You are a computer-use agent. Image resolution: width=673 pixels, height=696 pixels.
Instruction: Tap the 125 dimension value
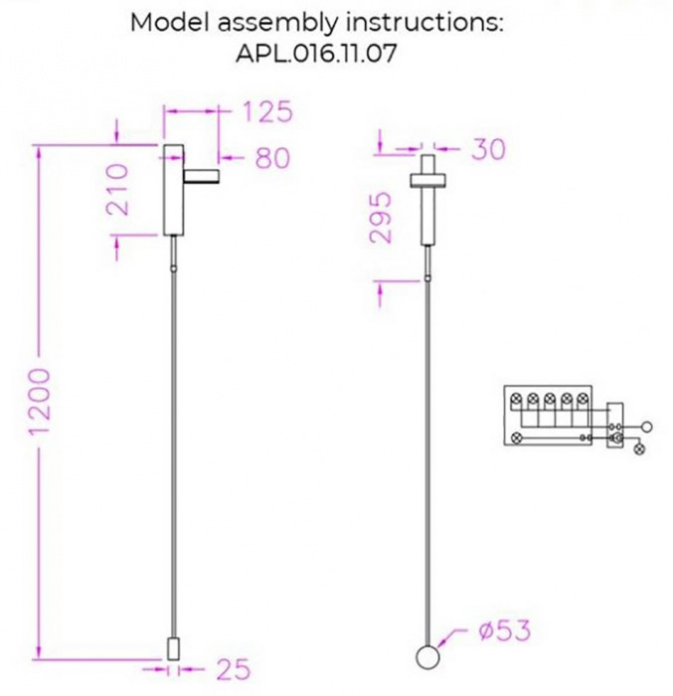tap(265, 111)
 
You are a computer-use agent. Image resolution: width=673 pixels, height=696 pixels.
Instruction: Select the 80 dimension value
tap(271, 157)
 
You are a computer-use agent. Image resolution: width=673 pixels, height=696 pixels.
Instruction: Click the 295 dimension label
tap(382, 219)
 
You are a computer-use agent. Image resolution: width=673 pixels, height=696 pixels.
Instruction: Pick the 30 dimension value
tap(487, 149)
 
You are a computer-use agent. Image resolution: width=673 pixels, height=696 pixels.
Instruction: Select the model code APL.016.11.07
tap(316, 54)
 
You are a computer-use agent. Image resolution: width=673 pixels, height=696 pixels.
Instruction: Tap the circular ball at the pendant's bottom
tap(426, 658)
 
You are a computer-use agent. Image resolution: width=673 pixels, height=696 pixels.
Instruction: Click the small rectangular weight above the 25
tap(173, 651)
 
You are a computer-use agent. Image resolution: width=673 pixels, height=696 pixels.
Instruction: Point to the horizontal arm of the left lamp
tap(202, 176)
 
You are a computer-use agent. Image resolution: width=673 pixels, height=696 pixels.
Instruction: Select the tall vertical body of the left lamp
tap(173, 189)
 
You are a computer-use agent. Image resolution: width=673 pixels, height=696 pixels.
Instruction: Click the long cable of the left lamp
tap(173, 447)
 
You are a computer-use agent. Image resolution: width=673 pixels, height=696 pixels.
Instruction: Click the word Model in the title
tap(163, 23)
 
